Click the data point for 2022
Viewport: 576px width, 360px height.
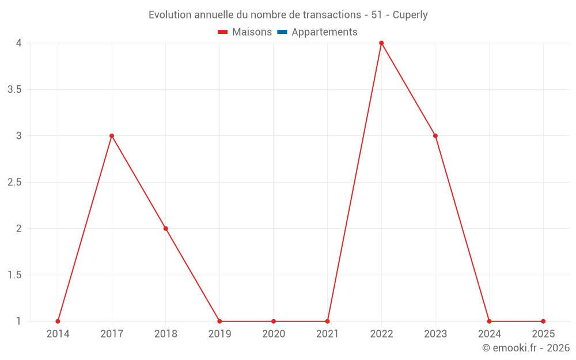pyautogui.click(x=381, y=43)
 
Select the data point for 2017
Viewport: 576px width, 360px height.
pyautogui.click(x=112, y=136)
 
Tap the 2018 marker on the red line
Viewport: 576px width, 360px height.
pyautogui.click(x=166, y=229)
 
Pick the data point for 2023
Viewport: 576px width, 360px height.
pyautogui.click(x=435, y=136)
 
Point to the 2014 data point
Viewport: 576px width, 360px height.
pyautogui.click(x=58, y=321)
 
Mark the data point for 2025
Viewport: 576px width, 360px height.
pyautogui.click(x=543, y=321)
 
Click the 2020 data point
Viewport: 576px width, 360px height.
pyautogui.click(x=274, y=321)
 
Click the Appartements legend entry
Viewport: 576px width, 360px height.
pyautogui.click(x=324, y=32)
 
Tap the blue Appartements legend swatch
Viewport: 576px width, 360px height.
pyautogui.click(x=282, y=32)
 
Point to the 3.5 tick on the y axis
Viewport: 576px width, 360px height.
pyautogui.click(x=14, y=89)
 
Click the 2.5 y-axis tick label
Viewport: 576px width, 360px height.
pyautogui.click(x=14, y=182)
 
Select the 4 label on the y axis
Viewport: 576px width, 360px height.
pyautogui.click(x=19, y=43)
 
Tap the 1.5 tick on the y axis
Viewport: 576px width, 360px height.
pyautogui.click(x=14, y=275)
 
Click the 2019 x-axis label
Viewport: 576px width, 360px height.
pyautogui.click(x=219, y=334)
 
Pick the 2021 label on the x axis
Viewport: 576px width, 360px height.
pyautogui.click(x=327, y=334)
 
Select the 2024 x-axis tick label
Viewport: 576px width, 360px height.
pyautogui.click(x=489, y=334)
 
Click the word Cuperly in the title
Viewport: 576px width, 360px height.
pyautogui.click(x=410, y=15)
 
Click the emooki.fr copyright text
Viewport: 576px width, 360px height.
pyautogui.click(x=526, y=348)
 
